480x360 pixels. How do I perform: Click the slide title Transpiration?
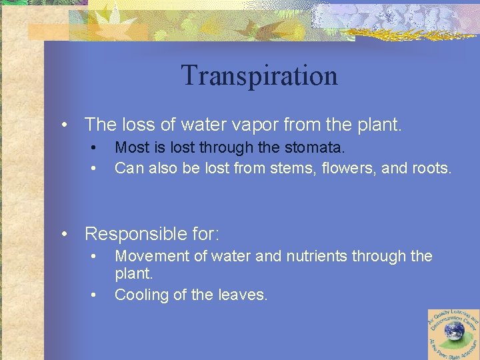pyautogui.click(x=259, y=75)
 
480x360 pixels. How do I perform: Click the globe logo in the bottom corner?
pyautogui.click(x=453, y=333)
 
